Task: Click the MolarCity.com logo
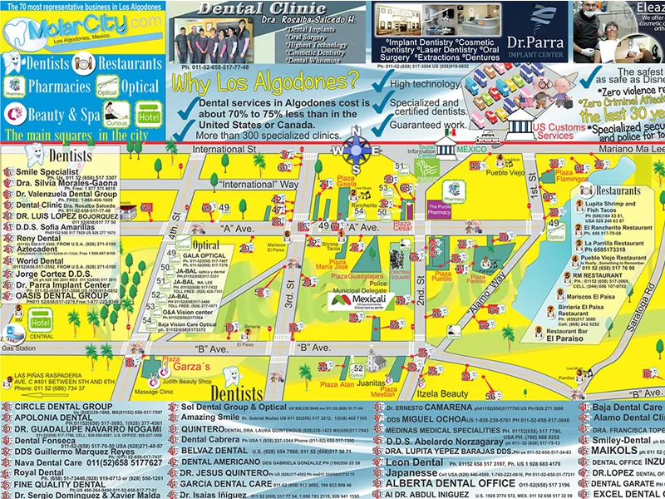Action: (81, 32)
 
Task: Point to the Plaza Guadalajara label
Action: (362, 275)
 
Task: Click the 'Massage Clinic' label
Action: (154, 391)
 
